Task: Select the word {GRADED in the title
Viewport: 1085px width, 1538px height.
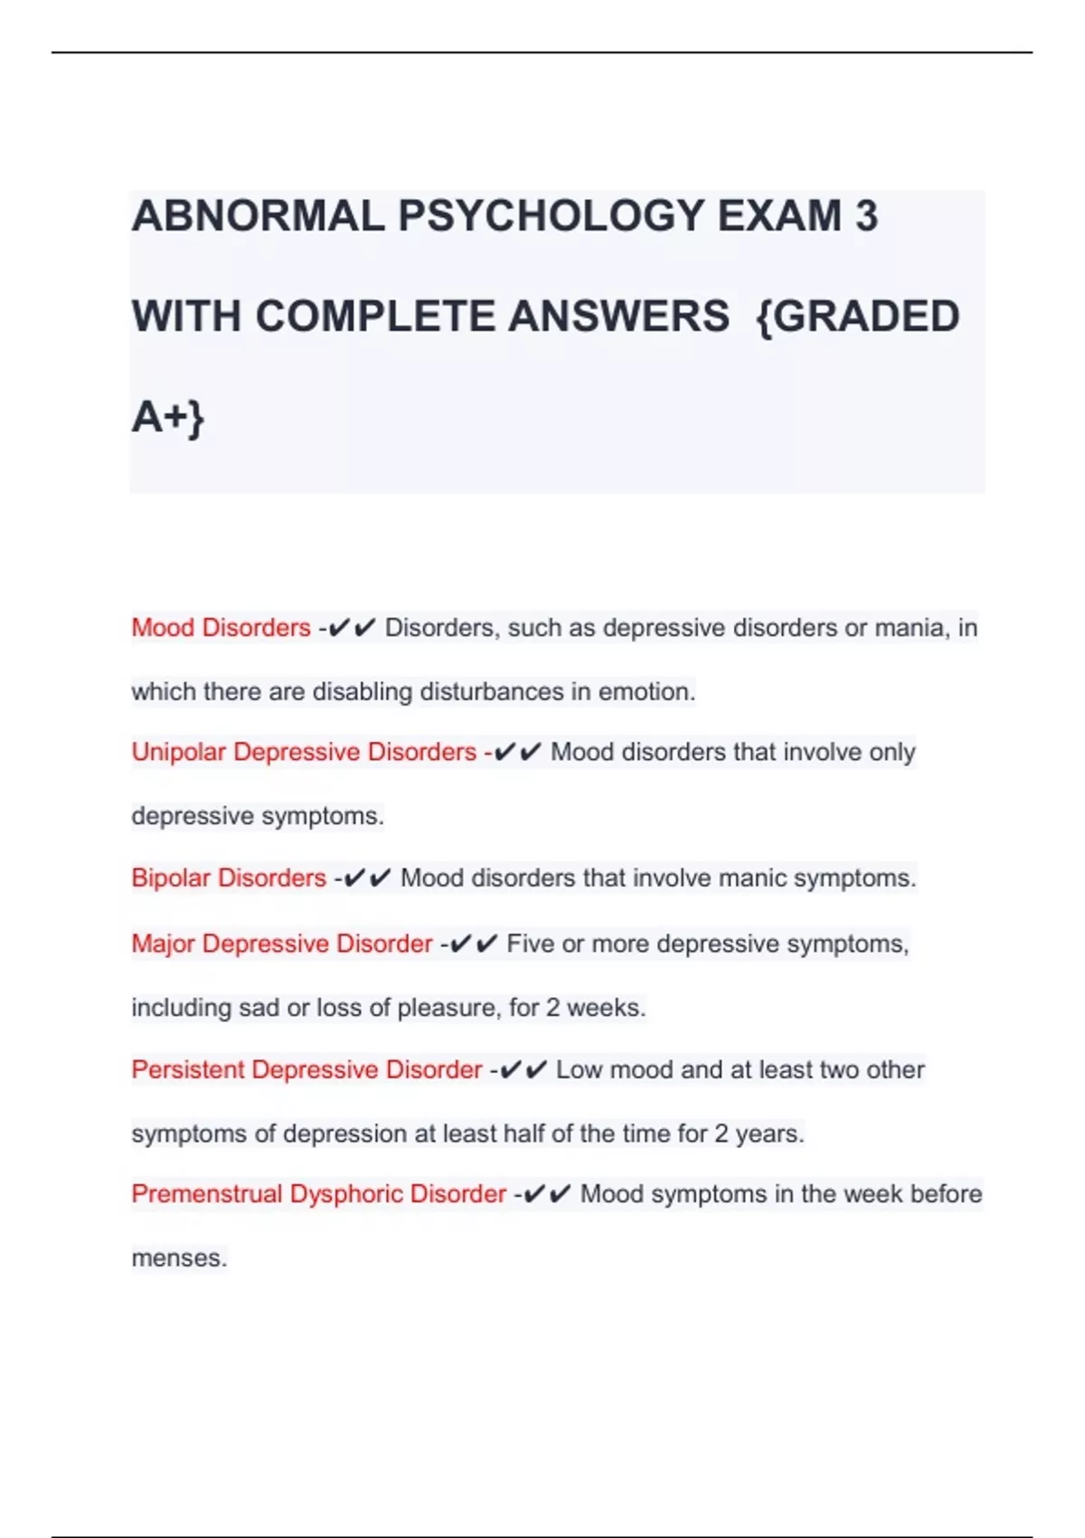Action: pos(856,317)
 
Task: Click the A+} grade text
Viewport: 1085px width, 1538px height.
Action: pos(168,417)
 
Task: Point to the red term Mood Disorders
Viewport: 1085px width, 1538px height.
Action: pos(221,628)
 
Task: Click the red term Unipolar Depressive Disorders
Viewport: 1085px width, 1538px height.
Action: pos(304,752)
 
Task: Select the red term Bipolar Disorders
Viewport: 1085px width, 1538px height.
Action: pos(229,878)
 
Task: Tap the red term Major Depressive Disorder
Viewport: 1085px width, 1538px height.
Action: pos(282,944)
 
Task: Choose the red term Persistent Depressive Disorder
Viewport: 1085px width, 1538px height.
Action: pos(307,1069)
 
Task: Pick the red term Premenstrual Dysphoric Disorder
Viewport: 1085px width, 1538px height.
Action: pos(318,1194)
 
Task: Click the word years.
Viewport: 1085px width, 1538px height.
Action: pos(769,1134)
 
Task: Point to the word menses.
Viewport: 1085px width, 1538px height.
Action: pos(179,1258)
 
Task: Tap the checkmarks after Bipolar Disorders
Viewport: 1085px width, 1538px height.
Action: pos(367,878)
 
